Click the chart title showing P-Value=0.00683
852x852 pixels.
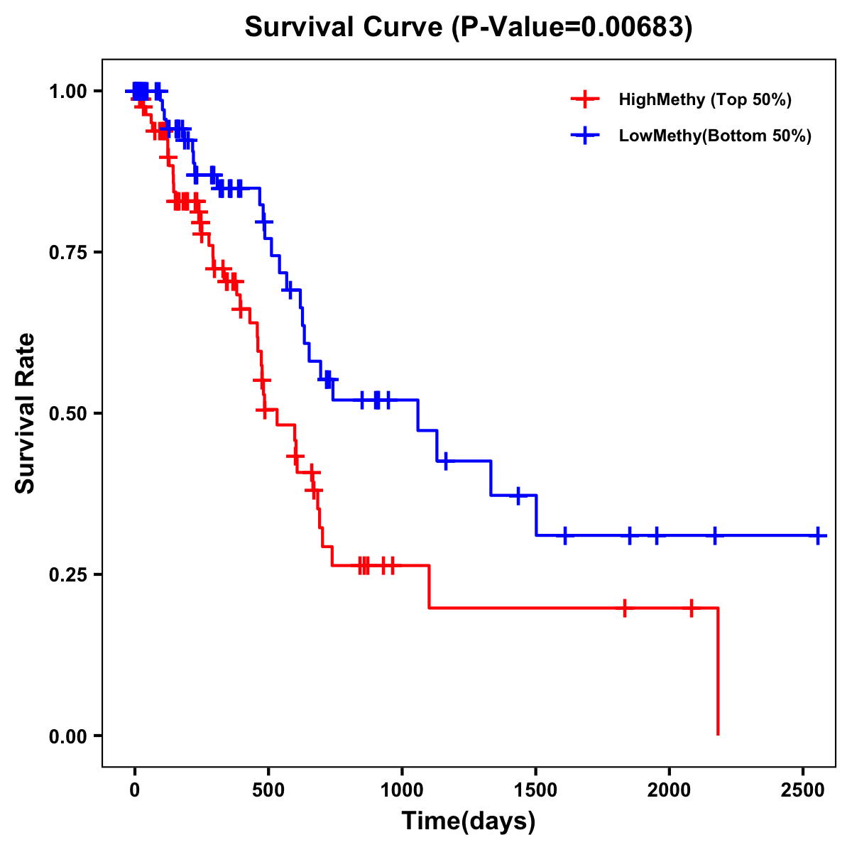click(469, 27)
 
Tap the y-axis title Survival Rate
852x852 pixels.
click(26, 413)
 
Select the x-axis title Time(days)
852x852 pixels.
click(469, 821)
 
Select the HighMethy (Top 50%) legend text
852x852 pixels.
click(705, 100)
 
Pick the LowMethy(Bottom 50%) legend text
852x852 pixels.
click(715, 136)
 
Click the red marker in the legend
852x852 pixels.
click(584, 99)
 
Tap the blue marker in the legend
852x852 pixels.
click(584, 136)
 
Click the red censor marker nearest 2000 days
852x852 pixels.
click(691, 608)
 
